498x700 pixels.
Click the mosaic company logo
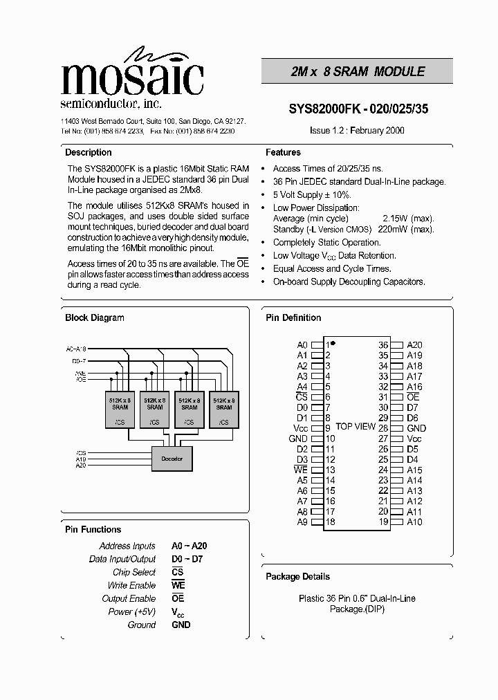131,76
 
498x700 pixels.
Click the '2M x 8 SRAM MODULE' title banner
357,71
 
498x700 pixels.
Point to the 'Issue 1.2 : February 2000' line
357,130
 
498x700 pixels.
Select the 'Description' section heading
88,152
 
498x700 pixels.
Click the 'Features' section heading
283,152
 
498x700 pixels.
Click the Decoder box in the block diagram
172,458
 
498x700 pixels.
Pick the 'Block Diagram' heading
94,317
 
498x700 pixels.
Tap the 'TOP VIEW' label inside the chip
355,427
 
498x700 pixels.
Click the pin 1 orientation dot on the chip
333,343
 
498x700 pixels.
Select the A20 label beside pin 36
414,345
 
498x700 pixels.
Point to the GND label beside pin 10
298,439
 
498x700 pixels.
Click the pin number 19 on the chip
383,522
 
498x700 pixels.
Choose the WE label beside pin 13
300,470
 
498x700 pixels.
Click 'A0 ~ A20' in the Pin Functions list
189,546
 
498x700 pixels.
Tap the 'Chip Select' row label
134,572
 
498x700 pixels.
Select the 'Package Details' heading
297,576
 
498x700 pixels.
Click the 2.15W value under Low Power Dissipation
396,219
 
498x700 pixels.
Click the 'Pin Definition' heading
293,317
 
